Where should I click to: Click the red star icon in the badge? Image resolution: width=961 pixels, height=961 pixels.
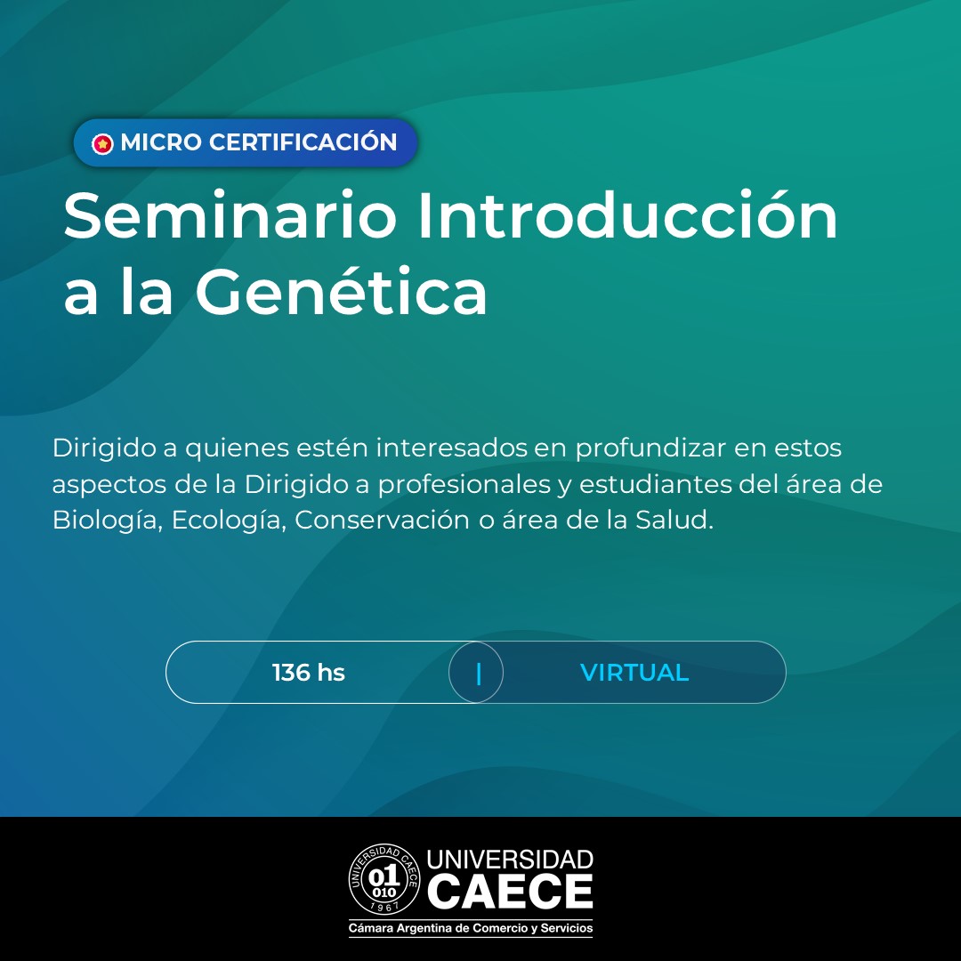[x=102, y=144]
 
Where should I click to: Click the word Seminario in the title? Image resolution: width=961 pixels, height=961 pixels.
[x=230, y=215]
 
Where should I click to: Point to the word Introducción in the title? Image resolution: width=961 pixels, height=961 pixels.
[x=627, y=214]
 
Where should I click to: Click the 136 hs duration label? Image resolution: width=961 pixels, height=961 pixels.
[x=309, y=673]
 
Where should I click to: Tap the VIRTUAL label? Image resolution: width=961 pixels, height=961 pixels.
[x=634, y=673]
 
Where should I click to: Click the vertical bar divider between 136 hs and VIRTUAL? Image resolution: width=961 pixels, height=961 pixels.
[x=479, y=674]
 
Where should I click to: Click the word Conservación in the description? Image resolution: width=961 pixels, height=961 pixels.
[x=382, y=520]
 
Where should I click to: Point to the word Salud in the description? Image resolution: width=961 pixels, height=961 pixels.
[x=674, y=520]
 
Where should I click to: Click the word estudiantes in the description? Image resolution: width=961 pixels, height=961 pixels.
[x=656, y=484]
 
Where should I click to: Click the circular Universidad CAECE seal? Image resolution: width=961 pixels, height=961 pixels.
[x=384, y=879]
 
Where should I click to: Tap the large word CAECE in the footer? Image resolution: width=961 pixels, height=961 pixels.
[x=510, y=891]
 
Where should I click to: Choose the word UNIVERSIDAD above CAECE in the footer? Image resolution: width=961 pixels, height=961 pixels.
[x=510, y=860]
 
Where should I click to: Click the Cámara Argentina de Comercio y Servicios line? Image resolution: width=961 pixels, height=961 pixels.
[x=471, y=928]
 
